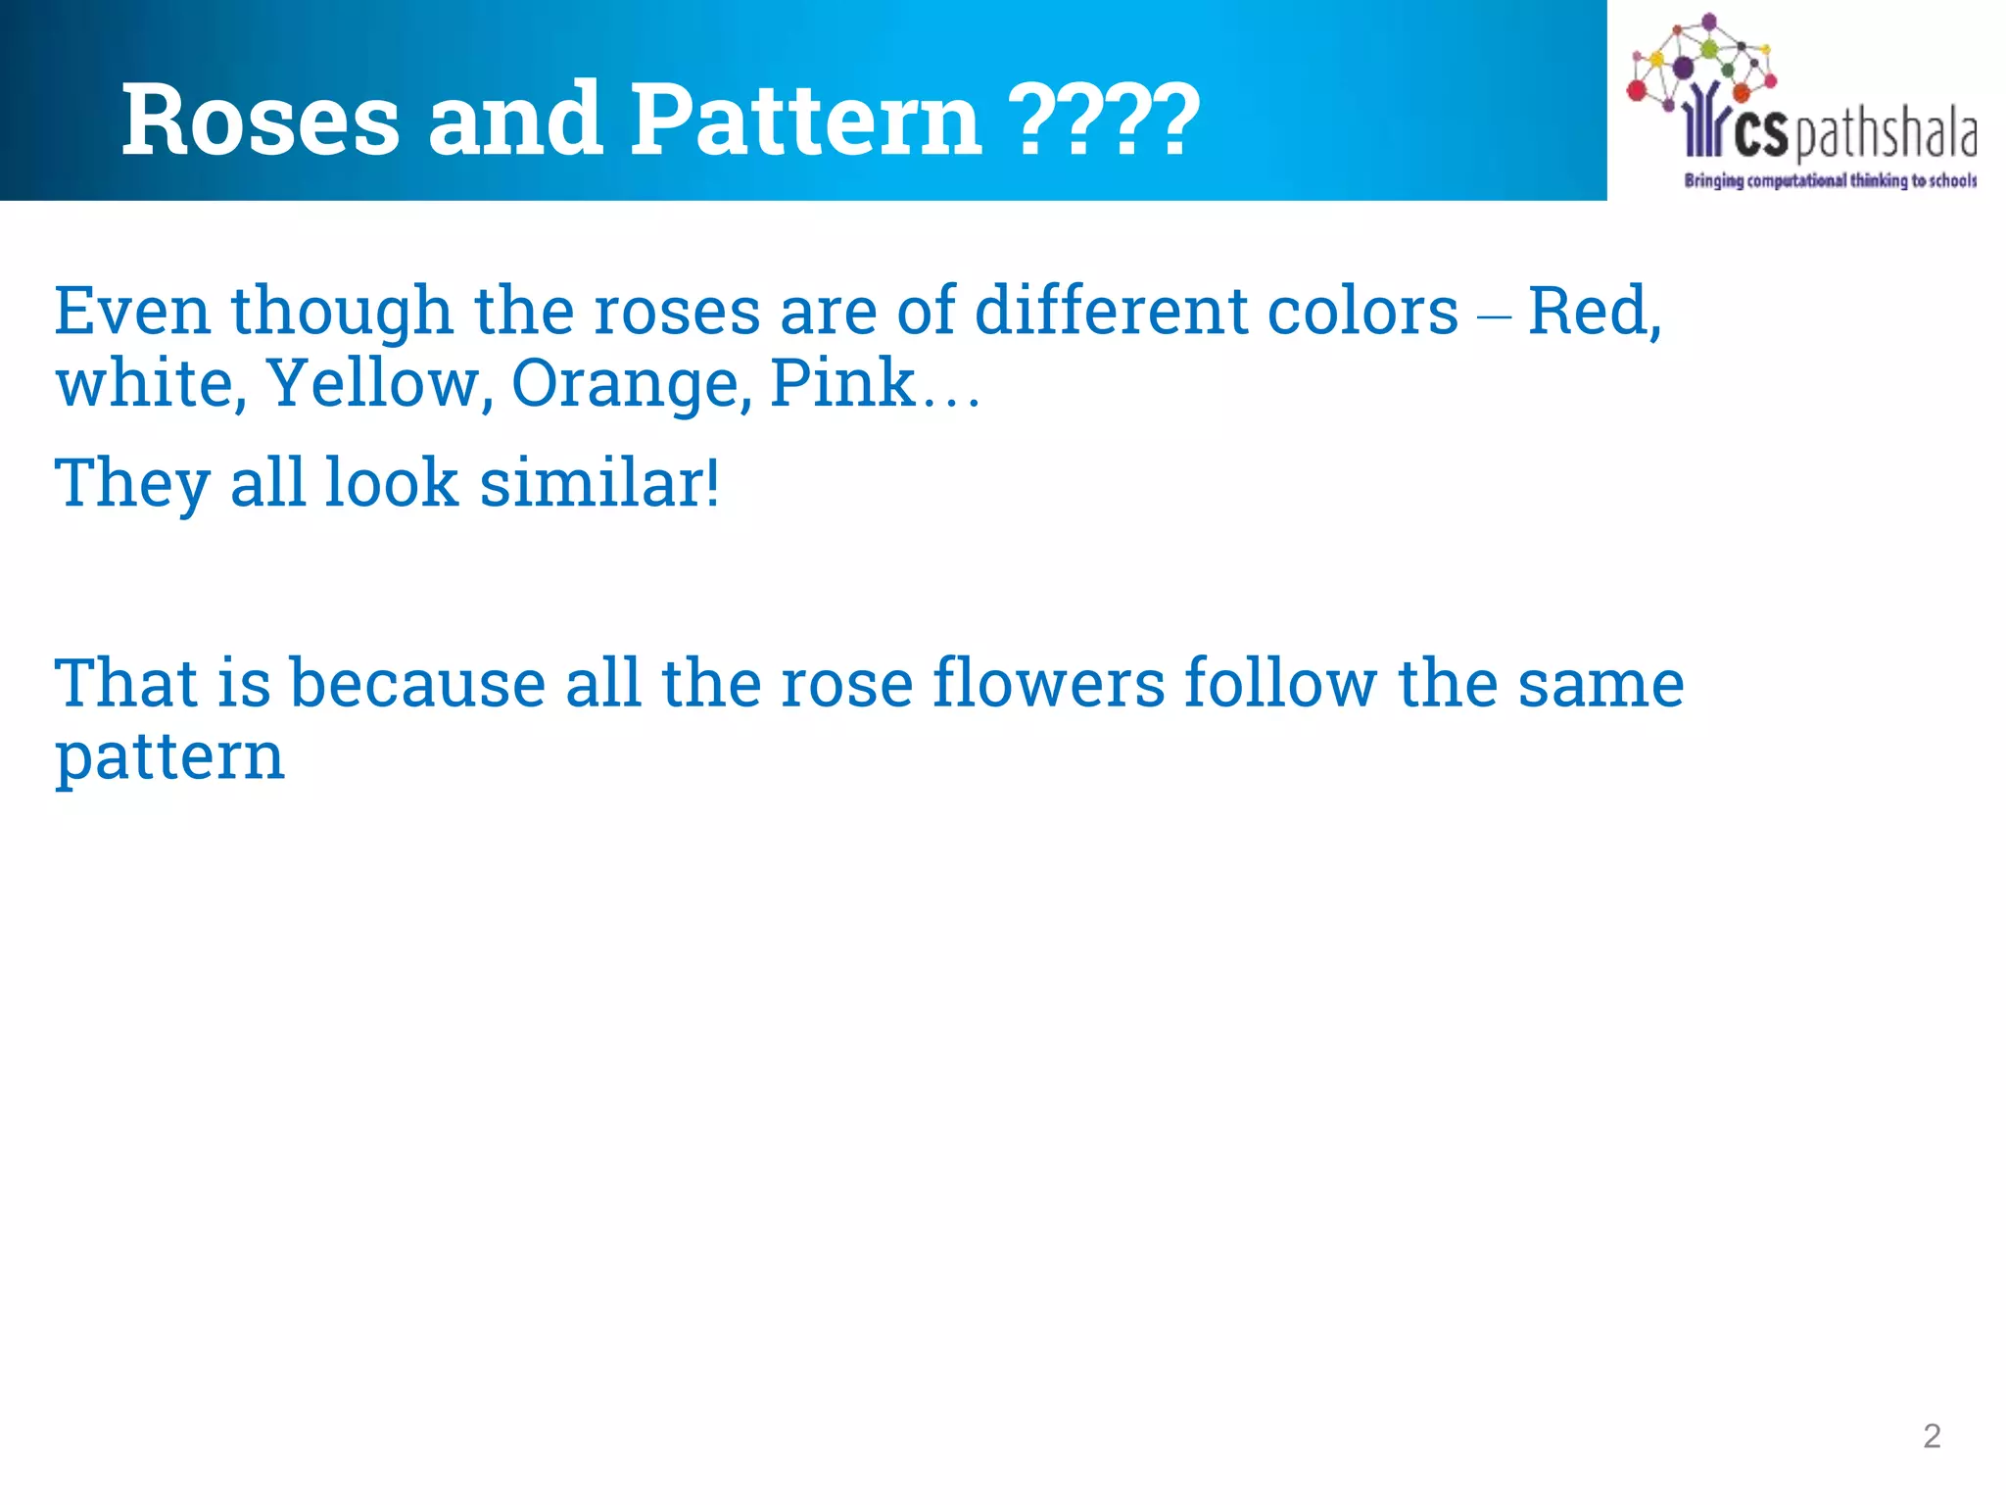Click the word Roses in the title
[260, 120]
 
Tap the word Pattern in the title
[805, 120]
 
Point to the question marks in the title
[1103, 120]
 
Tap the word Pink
[842, 383]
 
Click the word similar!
[599, 483]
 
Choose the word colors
[1362, 311]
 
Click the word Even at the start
[132, 311]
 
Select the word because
[417, 683]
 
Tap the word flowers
[1048, 683]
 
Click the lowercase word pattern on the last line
[169, 757]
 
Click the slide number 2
[1932, 1435]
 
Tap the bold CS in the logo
[1760, 135]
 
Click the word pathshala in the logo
[1885, 135]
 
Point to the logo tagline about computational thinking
[1830, 180]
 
